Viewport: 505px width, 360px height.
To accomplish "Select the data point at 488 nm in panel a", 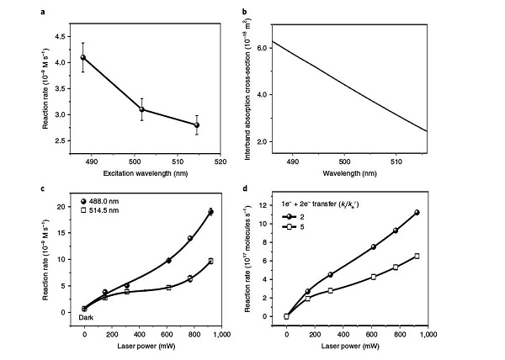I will click(82, 57).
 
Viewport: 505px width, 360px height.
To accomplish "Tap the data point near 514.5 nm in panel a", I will click(196, 124).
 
